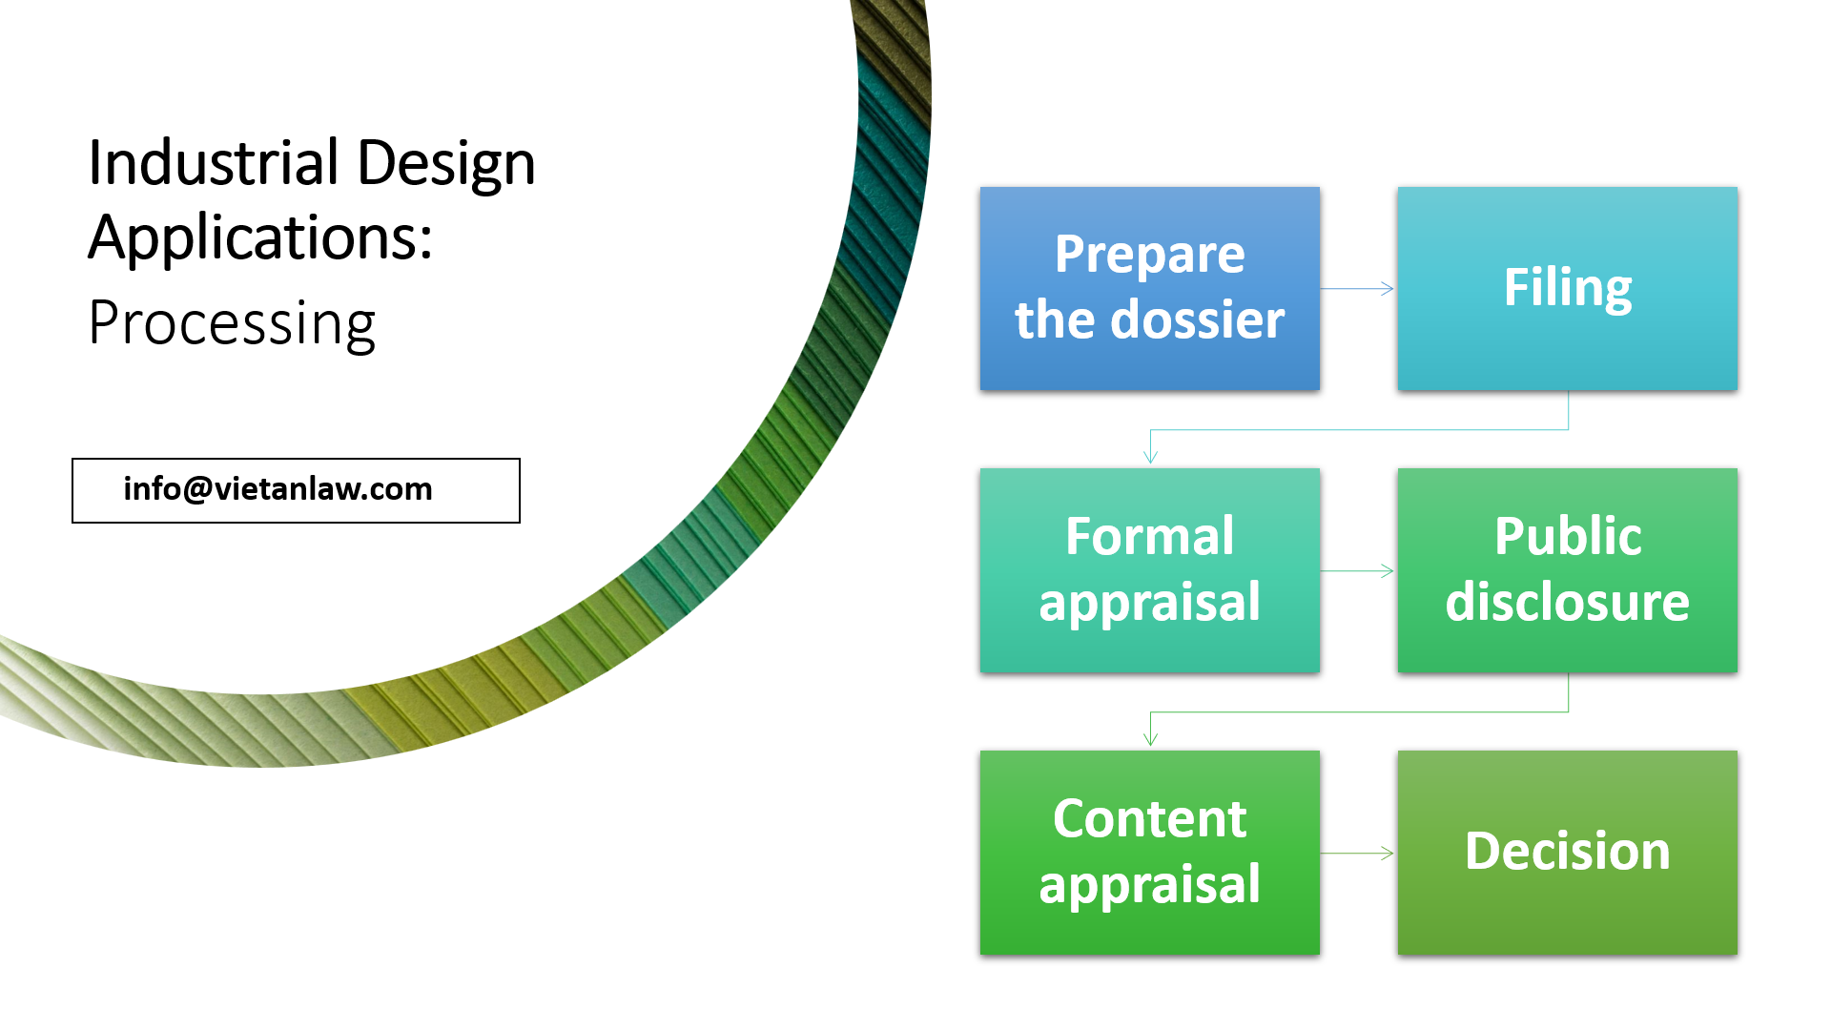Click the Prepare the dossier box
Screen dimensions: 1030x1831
click(1149, 288)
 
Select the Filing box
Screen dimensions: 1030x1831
click(1567, 288)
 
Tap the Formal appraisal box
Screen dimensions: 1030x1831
click(1149, 570)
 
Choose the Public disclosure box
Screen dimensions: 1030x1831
click(1567, 570)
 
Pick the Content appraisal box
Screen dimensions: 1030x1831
click(1149, 853)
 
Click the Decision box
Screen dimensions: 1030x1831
click(1567, 853)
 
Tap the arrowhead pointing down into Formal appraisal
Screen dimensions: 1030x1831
click(1151, 456)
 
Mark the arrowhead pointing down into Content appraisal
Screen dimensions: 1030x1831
click(1151, 738)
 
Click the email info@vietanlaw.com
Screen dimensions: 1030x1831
click(278, 489)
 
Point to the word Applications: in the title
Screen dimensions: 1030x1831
click(260, 238)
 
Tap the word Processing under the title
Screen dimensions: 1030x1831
click(232, 324)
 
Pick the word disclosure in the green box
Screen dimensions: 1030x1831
click(1567, 603)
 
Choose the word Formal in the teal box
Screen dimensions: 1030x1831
click(1149, 536)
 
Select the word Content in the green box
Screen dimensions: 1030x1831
click(1149, 819)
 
